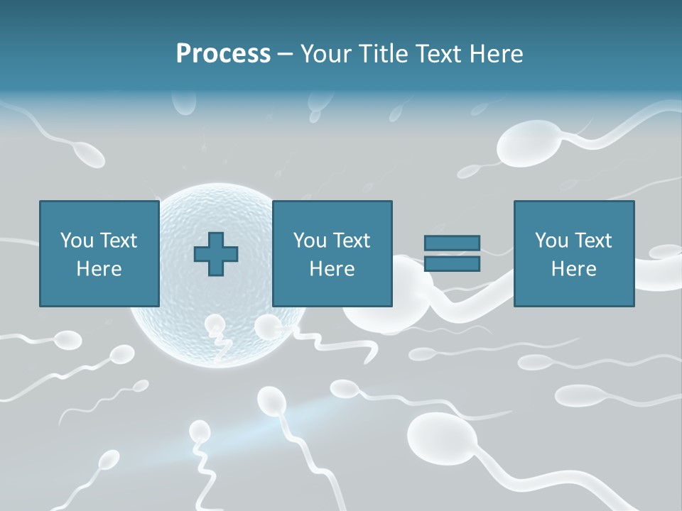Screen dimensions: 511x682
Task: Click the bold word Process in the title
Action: click(223, 54)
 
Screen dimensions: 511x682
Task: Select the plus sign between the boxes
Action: click(216, 253)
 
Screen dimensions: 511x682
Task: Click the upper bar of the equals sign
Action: click(452, 243)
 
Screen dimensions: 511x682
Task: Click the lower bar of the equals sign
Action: click(452, 264)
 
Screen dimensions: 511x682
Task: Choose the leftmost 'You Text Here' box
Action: click(99, 253)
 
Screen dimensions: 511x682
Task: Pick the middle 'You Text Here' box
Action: click(332, 253)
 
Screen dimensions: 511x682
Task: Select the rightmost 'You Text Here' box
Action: click(573, 253)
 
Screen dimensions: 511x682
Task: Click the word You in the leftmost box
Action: click(75, 240)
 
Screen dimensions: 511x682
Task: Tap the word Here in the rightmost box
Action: click(573, 269)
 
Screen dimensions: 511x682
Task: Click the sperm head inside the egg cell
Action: click(215, 326)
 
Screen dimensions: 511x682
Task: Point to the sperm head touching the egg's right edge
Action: click(268, 326)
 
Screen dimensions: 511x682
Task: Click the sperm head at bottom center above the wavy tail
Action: click(271, 402)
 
